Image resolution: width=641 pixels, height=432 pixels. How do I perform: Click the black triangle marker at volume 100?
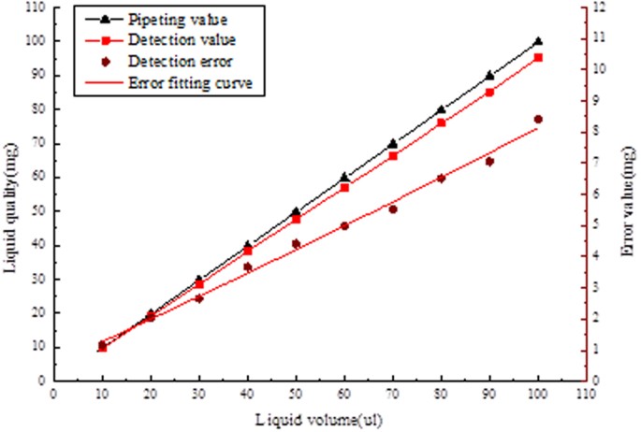[x=538, y=41]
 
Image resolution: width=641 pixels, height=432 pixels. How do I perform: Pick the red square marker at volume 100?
[x=538, y=58]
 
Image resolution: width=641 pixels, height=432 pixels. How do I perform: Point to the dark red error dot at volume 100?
[x=538, y=120]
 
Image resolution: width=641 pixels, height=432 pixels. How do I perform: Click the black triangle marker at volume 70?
[x=393, y=143]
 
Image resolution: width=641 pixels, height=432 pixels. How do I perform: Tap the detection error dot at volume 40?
[x=248, y=267]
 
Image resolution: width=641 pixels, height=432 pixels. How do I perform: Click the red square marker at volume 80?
[x=442, y=123]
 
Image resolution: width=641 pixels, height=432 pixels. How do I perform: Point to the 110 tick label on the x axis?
[x=586, y=394]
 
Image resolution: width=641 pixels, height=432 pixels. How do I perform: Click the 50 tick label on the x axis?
[x=297, y=394]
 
